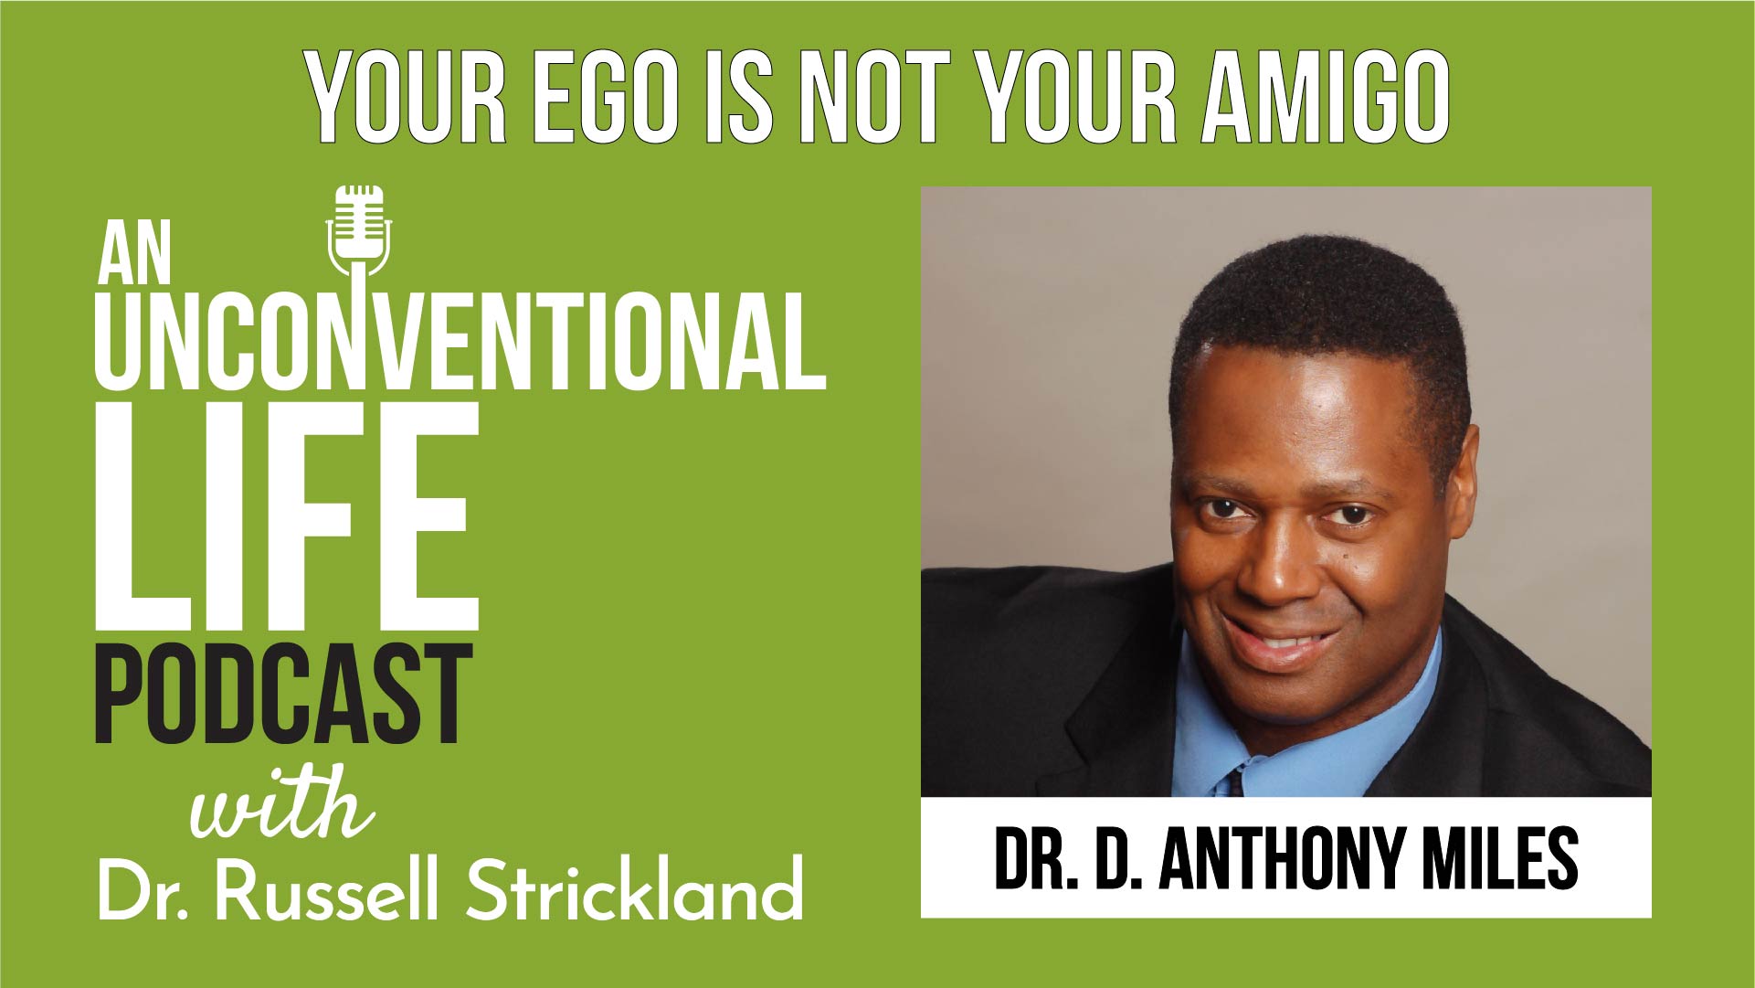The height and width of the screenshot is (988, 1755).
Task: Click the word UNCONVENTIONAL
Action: click(460, 341)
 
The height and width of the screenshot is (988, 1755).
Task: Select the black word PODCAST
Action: click(284, 695)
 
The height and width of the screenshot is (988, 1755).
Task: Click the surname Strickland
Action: click(634, 887)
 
